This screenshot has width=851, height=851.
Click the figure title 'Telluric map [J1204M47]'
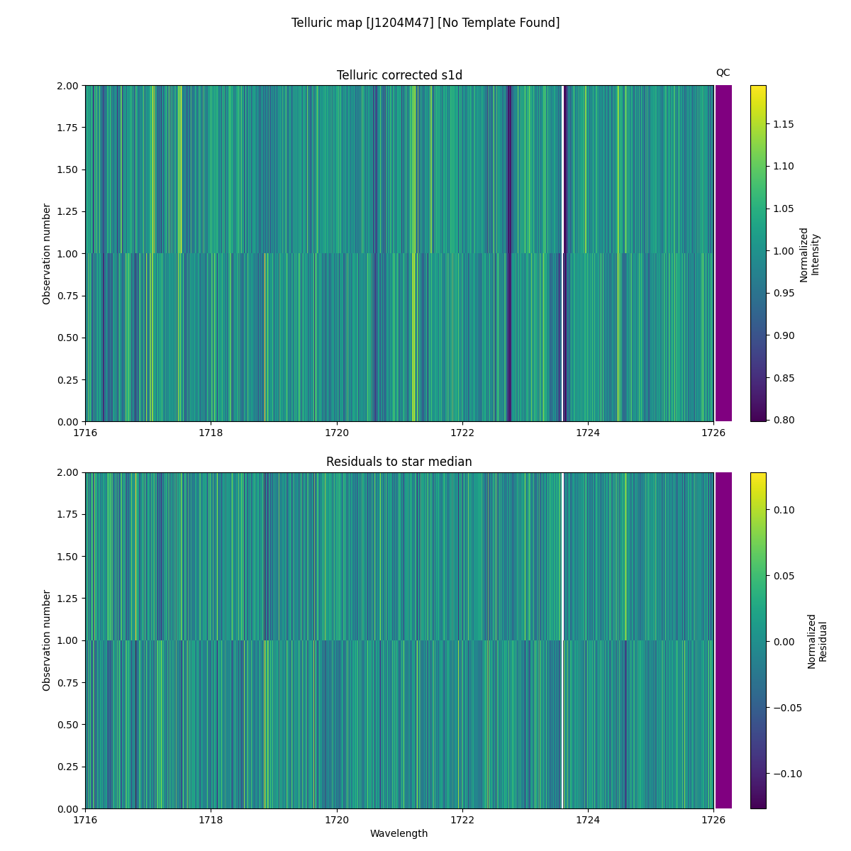(425, 23)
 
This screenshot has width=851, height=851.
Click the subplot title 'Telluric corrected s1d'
(399, 75)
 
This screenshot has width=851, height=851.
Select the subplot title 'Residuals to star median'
(399, 462)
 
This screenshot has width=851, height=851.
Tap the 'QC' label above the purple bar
(723, 72)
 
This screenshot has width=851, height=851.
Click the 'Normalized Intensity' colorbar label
(809, 254)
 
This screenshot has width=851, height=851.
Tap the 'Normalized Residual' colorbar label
(817, 640)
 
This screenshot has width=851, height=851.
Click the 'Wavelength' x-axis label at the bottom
(399, 833)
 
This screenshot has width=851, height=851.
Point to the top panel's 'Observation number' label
(47, 253)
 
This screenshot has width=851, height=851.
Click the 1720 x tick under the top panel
(336, 433)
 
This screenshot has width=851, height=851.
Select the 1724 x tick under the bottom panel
(587, 820)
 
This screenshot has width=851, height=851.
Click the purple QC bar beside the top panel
(723, 253)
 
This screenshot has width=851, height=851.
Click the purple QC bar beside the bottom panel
(723, 640)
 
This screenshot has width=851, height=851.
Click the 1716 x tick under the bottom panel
(85, 820)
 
